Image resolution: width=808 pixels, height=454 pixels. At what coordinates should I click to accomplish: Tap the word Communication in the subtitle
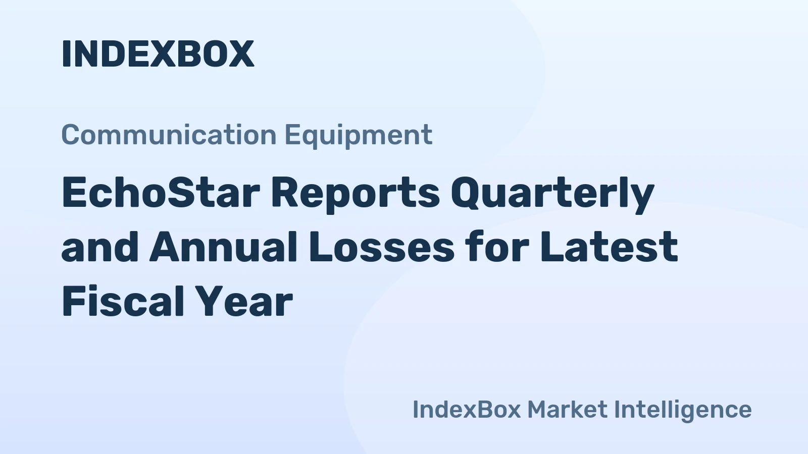click(x=169, y=135)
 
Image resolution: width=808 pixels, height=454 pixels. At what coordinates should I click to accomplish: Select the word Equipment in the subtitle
click(x=358, y=135)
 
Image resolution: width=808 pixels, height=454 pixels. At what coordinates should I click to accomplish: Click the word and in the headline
click(x=100, y=247)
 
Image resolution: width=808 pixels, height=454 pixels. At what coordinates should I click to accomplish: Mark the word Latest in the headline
click(x=609, y=247)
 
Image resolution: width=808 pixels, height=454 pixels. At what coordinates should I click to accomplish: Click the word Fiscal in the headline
click(x=122, y=302)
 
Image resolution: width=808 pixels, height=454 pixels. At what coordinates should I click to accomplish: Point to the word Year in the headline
click(x=244, y=302)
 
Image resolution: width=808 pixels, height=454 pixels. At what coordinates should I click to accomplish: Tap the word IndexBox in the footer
click(x=466, y=409)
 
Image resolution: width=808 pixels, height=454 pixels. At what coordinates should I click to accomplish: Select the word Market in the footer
click(x=567, y=409)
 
